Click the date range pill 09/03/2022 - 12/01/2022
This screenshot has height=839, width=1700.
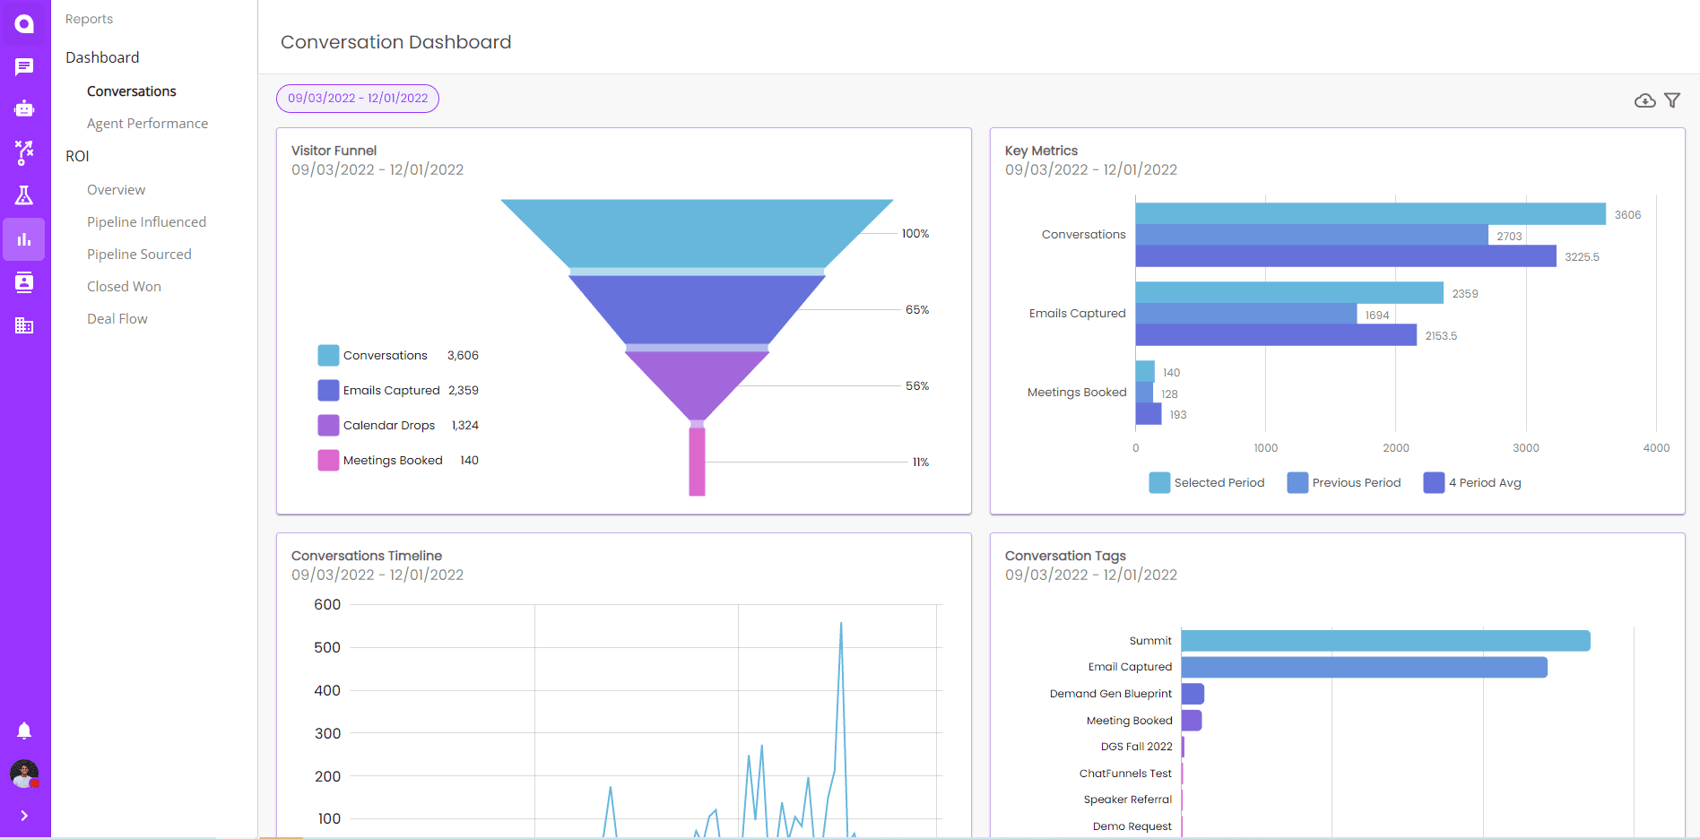(x=358, y=99)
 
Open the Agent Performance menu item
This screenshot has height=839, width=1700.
(x=147, y=124)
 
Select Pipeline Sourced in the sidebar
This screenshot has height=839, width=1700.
(x=139, y=255)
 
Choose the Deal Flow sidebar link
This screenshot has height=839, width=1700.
(x=117, y=319)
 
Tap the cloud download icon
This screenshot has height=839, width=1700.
(x=1644, y=100)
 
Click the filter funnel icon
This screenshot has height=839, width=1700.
(x=1672, y=100)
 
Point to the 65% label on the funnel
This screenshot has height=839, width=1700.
(x=916, y=310)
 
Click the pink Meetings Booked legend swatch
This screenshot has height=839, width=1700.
(x=328, y=461)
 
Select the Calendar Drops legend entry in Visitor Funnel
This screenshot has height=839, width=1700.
(x=388, y=426)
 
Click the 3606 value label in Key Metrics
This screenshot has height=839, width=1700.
(x=1627, y=215)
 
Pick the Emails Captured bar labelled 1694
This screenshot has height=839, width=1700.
(x=1246, y=314)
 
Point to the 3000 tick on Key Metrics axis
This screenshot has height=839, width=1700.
(x=1525, y=448)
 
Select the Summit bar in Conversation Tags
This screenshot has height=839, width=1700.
(x=1385, y=641)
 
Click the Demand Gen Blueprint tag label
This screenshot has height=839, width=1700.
(x=1110, y=694)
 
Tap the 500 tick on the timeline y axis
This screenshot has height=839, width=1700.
(x=327, y=648)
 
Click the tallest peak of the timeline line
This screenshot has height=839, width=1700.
(x=841, y=624)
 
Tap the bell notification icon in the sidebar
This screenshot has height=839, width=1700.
(x=24, y=731)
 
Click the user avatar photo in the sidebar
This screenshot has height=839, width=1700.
(x=24, y=774)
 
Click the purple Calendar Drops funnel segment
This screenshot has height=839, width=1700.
(x=697, y=381)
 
